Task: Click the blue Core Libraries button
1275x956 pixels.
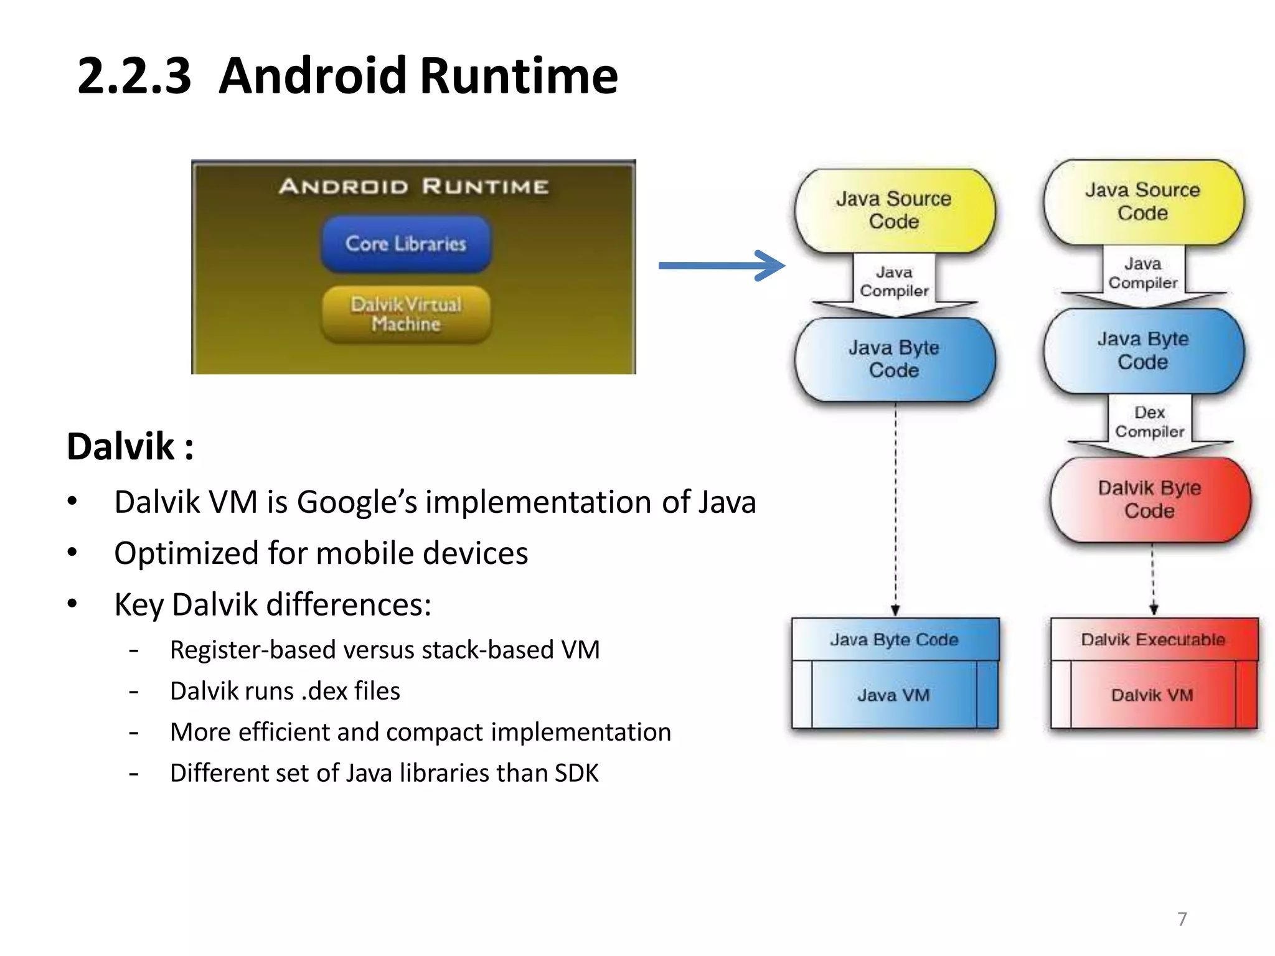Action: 406,244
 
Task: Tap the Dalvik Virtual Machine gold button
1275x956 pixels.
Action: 406,314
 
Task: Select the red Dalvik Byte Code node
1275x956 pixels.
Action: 1149,500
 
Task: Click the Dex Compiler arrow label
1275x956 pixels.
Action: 1149,422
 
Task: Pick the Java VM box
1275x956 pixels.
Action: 893,695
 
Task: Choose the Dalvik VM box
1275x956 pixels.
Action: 1152,695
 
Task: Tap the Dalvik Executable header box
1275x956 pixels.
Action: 1153,640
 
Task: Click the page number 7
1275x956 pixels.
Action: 1182,919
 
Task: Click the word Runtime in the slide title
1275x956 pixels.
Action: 519,76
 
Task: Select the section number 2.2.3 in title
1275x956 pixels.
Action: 134,76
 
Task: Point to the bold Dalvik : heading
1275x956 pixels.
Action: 130,446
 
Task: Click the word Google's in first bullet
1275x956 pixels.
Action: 357,502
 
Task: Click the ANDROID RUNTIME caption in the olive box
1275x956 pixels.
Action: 413,186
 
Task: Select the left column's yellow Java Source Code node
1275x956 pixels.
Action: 894,210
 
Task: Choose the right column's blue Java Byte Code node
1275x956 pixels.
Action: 1143,350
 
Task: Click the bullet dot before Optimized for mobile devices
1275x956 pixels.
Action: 73,553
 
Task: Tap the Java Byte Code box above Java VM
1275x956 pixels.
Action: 894,640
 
